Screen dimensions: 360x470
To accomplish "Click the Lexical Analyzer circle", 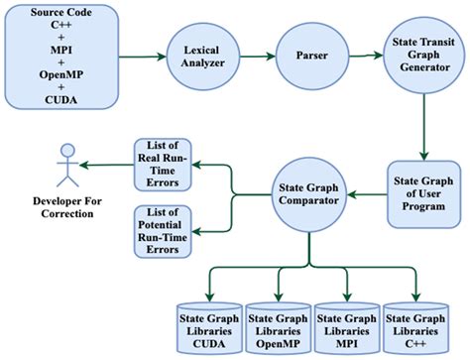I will [198, 56].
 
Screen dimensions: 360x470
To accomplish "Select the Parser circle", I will [307, 56].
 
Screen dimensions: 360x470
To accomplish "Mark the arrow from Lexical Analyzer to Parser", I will [253, 56].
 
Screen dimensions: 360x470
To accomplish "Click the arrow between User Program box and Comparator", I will [366, 194].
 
